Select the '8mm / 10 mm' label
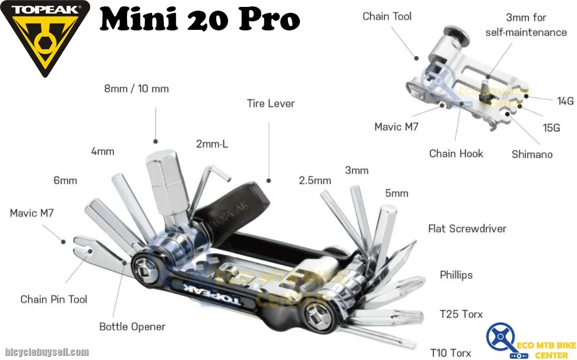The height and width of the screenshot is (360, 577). pos(137,89)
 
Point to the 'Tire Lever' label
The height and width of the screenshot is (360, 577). pos(271,103)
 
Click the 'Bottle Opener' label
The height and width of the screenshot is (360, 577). pos(132,326)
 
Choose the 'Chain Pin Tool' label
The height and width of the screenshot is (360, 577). pos(54,299)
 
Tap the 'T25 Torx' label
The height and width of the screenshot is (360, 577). pos(461,314)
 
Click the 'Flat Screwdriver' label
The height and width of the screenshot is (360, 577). pos(468,229)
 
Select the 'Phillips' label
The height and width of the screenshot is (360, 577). pos(456,275)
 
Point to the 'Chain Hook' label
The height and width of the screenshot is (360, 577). pos(456,154)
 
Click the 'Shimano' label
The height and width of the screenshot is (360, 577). pos(532,154)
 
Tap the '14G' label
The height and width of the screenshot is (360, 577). pos(565,101)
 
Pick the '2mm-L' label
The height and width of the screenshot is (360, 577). pos(212,144)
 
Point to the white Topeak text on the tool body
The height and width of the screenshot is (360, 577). pos(212,294)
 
